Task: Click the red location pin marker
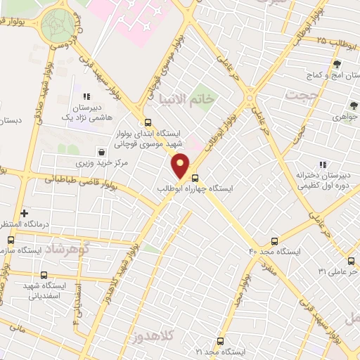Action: click(x=181, y=165)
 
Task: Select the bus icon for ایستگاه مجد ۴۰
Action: click(x=274, y=240)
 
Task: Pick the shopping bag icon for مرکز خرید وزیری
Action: click(x=103, y=151)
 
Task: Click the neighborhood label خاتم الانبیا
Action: click(x=188, y=98)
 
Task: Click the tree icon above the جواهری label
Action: click(x=353, y=105)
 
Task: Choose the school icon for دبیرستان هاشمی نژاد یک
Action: click(x=86, y=97)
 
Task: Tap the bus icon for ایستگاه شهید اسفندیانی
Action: click(x=44, y=275)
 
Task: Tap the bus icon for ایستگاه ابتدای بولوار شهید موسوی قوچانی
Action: click(x=148, y=121)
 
